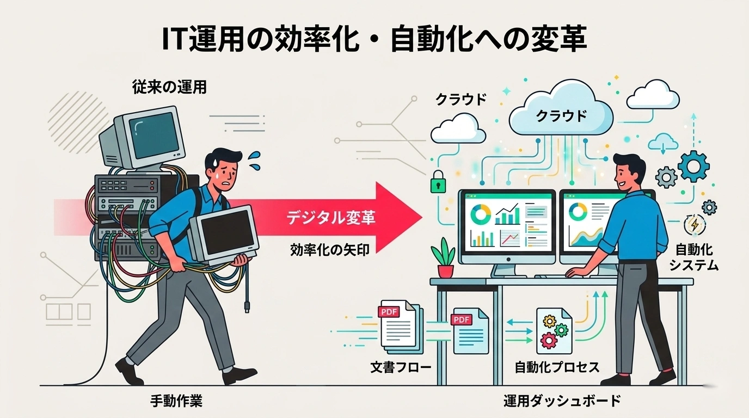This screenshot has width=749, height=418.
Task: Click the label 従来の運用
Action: click(x=169, y=87)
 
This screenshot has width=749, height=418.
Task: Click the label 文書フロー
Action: click(x=400, y=367)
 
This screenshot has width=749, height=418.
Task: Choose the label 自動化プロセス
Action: click(x=557, y=367)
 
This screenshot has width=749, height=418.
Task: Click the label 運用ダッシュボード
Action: click(x=562, y=402)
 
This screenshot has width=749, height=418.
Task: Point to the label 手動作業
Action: click(x=176, y=402)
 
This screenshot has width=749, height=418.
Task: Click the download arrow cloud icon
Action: click(x=662, y=144)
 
